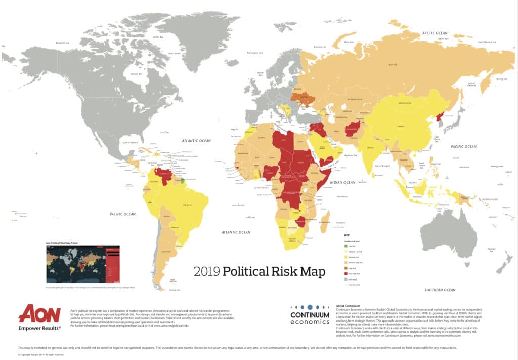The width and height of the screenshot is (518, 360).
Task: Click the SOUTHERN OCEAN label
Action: (441, 290)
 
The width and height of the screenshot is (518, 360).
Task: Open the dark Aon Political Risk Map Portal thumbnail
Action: (83, 264)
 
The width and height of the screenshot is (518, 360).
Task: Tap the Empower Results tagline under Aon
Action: (39, 329)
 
